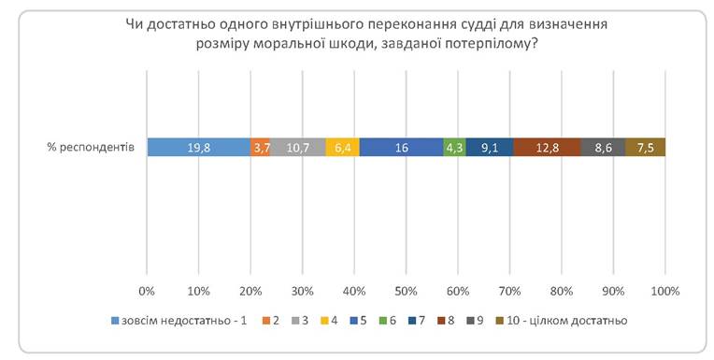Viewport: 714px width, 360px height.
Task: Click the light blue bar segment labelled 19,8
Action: coord(198,147)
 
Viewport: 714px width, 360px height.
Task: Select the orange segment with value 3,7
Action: coord(260,147)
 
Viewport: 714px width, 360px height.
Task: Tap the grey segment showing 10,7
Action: coord(297,147)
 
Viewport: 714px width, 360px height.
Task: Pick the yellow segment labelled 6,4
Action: coord(342,147)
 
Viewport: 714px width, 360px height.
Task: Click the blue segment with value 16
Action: coord(401,147)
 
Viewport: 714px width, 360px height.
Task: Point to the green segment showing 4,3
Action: coord(454,147)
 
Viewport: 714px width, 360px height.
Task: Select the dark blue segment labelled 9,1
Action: coord(490,147)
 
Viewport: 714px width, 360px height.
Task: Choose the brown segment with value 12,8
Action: coord(547,147)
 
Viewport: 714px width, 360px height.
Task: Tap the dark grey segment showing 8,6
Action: coord(603,147)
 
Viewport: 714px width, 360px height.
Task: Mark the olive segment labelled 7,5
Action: coord(645,147)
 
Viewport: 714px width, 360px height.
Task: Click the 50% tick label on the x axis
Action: coord(407,291)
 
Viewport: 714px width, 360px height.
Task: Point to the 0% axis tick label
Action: coord(147,291)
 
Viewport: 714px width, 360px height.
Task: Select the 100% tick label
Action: coord(665,291)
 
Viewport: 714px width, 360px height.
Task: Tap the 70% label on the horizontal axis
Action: coord(510,291)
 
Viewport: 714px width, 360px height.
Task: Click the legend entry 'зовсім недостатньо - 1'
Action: coord(178,321)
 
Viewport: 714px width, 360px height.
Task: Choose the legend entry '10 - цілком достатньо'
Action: coord(562,321)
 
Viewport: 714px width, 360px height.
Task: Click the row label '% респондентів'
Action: coord(91,148)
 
